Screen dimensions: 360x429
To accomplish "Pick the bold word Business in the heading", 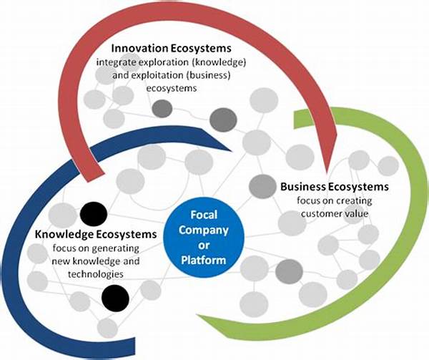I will (x=303, y=187).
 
